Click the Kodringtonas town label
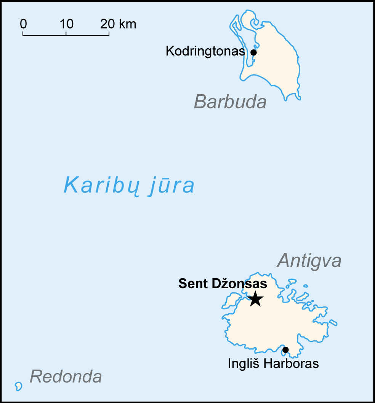click(205, 51)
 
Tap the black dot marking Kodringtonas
click(253, 52)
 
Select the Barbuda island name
click(230, 102)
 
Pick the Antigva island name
click(309, 261)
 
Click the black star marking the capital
click(255, 299)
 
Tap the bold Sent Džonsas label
click(223, 284)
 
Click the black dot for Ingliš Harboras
click(285, 350)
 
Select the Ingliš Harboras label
click(273, 363)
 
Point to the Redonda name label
click(66, 377)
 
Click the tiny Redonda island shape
click(18, 386)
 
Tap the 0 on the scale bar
click(23, 24)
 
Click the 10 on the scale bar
click(66, 24)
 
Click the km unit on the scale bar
click(127, 24)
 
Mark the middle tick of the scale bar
click(66, 33)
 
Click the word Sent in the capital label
click(191, 284)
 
